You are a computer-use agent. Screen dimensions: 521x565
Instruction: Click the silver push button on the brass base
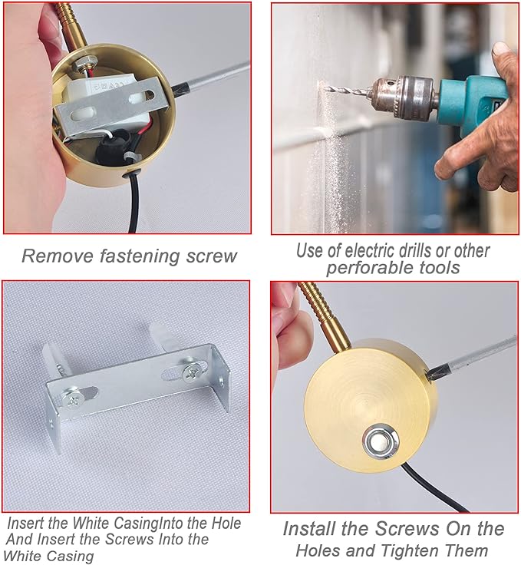pyautogui.click(x=381, y=443)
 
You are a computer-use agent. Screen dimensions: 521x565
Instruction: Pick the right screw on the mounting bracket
pyautogui.click(x=190, y=372)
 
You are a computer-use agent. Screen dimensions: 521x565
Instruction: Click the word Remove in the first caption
pyautogui.click(x=58, y=256)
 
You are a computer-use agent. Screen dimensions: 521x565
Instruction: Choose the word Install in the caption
pyautogui.click(x=310, y=529)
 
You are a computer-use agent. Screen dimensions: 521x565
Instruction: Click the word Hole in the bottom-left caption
pyautogui.click(x=226, y=523)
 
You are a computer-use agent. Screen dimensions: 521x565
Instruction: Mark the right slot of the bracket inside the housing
pyautogui.click(x=141, y=97)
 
